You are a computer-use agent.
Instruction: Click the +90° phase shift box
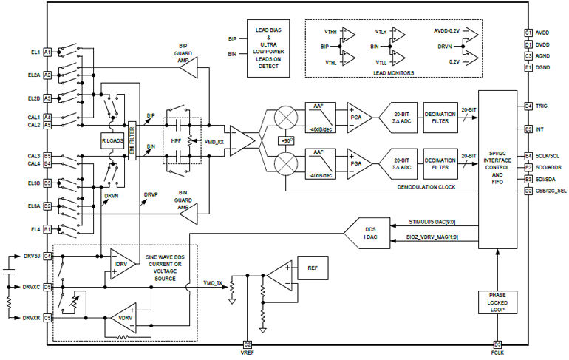285,140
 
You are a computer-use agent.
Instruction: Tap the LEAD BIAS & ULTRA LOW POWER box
268,45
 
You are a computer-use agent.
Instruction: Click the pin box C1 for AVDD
528,33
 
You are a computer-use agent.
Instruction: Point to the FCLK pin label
497,354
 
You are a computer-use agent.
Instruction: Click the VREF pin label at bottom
248,354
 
